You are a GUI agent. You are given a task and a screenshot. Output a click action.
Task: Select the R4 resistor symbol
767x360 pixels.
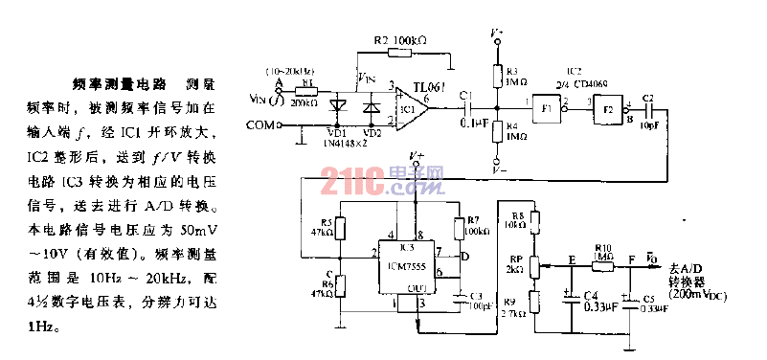(496, 131)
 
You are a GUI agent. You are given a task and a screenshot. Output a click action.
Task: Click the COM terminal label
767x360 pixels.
(260, 124)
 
